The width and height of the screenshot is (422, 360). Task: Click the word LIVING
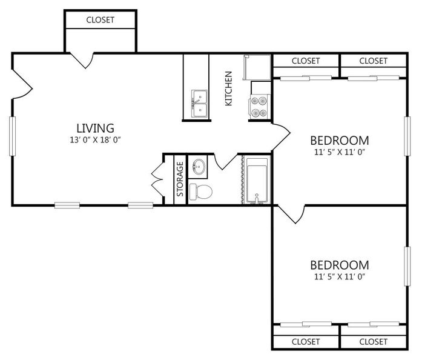[95, 128]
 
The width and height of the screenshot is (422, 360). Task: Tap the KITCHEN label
[228, 88]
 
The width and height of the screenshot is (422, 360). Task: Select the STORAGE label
[180, 179]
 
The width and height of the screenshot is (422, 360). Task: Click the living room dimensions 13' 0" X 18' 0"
[95, 140]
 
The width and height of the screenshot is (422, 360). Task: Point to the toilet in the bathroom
[201, 192]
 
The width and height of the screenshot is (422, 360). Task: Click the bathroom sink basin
[199, 166]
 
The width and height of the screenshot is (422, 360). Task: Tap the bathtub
[257, 181]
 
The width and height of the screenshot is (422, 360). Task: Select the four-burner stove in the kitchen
[259, 107]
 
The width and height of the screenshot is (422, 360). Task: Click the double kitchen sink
[199, 104]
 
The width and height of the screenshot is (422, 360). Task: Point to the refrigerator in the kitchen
[257, 67]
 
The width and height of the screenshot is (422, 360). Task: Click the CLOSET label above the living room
[100, 20]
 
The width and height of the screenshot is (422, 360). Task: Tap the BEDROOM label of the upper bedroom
[340, 141]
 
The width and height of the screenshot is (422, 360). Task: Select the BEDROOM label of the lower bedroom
[340, 265]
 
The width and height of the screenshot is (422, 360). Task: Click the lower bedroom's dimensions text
[340, 276]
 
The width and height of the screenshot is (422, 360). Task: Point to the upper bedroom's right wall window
[407, 136]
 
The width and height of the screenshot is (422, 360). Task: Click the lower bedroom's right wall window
[407, 266]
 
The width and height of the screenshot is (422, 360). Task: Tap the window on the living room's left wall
[12, 136]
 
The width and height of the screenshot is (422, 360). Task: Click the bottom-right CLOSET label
[374, 342]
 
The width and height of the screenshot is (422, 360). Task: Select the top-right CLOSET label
[374, 61]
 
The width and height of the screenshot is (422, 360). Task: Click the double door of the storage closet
[157, 179]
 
